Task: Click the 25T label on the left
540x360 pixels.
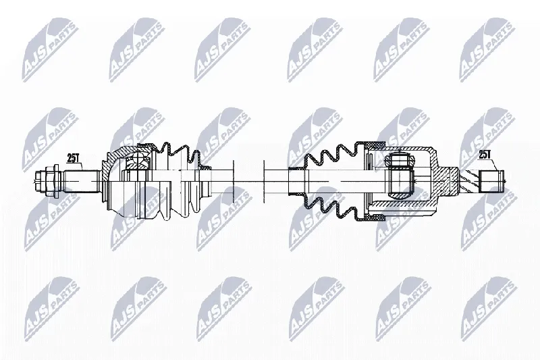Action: point(74,159)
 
